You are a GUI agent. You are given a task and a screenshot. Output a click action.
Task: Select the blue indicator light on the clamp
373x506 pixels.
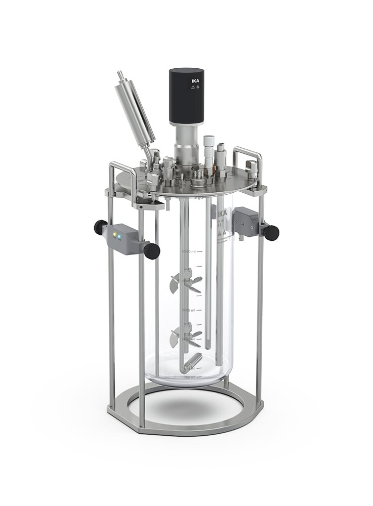tap(119, 235)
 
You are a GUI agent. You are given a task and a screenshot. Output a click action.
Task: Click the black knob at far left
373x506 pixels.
tap(100, 227)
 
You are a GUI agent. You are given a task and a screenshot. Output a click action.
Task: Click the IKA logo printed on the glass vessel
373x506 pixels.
tap(222, 215)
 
